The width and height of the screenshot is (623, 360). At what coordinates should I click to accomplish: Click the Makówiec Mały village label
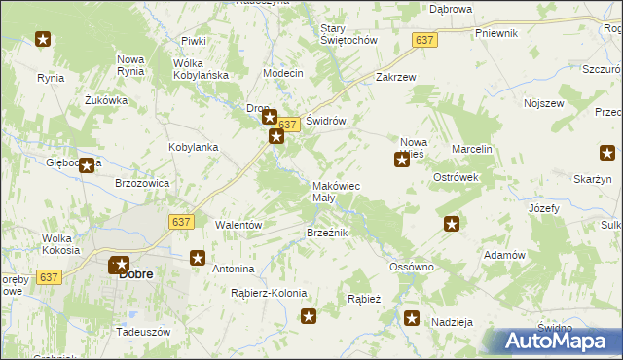pyautogui.click(x=336, y=191)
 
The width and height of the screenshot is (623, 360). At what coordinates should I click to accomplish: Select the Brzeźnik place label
pyautogui.click(x=327, y=233)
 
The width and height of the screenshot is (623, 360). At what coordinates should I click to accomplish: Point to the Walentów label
pyautogui.click(x=239, y=224)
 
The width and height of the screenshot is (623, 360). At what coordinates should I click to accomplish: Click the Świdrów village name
pyautogui.click(x=326, y=121)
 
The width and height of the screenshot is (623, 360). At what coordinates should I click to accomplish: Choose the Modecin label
pyautogui.click(x=283, y=74)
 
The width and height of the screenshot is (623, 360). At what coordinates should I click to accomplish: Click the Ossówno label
pyautogui.click(x=411, y=266)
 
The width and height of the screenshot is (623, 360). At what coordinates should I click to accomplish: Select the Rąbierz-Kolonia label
pyautogui.click(x=269, y=293)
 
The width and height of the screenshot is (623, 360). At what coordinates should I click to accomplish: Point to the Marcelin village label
pyautogui.click(x=472, y=148)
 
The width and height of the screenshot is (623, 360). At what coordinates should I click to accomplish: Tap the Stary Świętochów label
pyautogui.click(x=348, y=35)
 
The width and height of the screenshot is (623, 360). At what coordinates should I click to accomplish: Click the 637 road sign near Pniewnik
pyautogui.click(x=424, y=40)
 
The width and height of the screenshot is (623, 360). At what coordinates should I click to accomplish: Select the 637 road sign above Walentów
pyautogui.click(x=180, y=222)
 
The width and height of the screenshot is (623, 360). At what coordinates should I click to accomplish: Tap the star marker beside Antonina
pyautogui.click(x=198, y=259)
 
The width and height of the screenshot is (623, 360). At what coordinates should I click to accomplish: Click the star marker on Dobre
pyautogui.click(x=119, y=264)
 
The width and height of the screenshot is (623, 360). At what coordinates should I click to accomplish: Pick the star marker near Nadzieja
pyautogui.click(x=412, y=317)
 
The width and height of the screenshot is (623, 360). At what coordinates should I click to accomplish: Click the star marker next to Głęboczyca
pyautogui.click(x=87, y=165)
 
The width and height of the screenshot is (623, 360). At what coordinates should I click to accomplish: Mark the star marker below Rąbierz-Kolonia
pyautogui.click(x=309, y=315)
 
